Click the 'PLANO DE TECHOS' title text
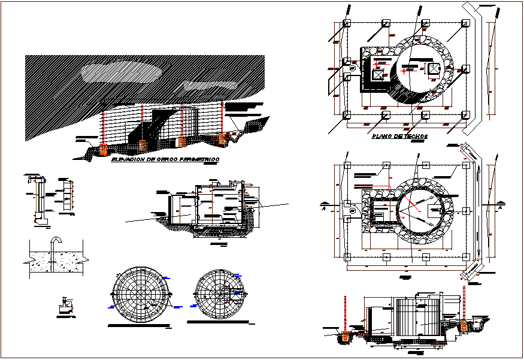[x=398, y=136]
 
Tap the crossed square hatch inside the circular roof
[x=434, y=69]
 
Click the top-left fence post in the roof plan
[x=347, y=23]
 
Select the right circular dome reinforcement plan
[x=218, y=294]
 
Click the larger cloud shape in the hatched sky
[x=122, y=70]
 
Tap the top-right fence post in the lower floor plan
[x=465, y=165]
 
